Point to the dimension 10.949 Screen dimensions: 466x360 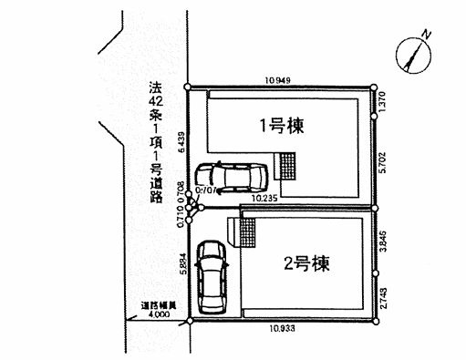pyautogui.click(x=277, y=80)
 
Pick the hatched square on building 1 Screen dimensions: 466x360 pyautogui.click(x=288, y=166)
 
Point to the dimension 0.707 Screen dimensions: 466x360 pyautogui.click(x=205, y=191)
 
